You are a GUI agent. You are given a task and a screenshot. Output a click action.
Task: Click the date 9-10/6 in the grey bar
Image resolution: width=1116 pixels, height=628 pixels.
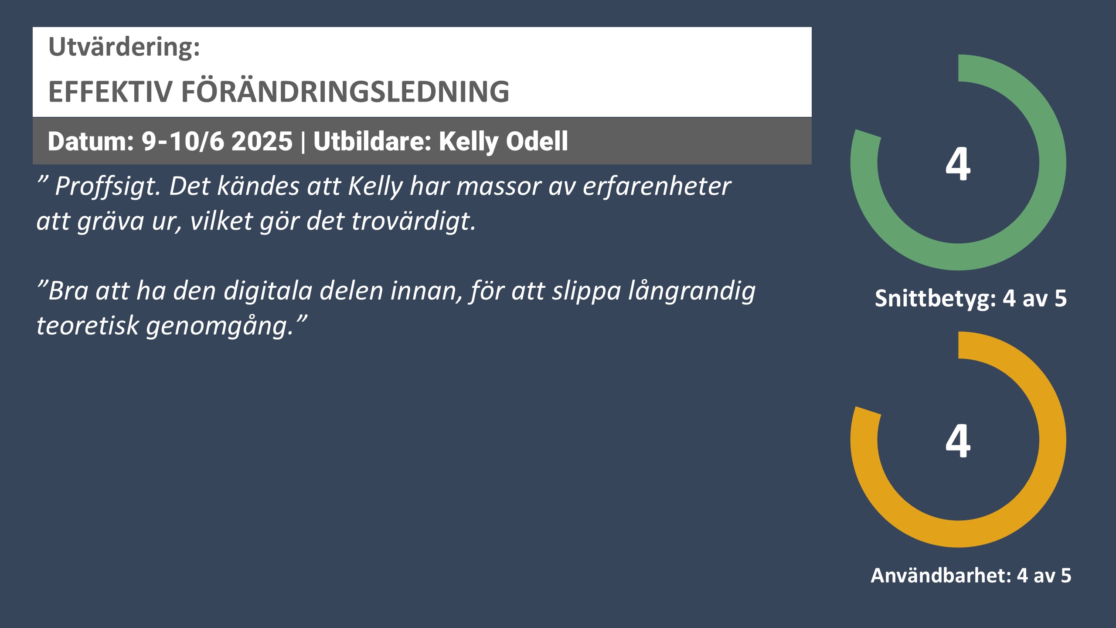pyautogui.click(x=183, y=141)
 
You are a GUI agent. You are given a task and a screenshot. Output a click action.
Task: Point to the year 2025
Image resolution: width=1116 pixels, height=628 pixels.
pyautogui.click(x=262, y=141)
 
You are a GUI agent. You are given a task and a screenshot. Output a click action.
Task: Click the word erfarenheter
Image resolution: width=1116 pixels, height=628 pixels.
pyautogui.click(x=657, y=187)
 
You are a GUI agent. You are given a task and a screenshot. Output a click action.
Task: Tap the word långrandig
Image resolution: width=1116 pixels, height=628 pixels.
pyautogui.click(x=692, y=291)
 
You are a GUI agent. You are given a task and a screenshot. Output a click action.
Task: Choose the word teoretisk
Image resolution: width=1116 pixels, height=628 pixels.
pyautogui.click(x=87, y=326)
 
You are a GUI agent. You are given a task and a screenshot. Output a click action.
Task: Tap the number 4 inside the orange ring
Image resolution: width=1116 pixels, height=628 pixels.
pyautogui.click(x=958, y=441)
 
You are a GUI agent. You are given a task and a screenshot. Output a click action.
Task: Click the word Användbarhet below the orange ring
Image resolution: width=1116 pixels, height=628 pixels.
pyautogui.click(x=941, y=575)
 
